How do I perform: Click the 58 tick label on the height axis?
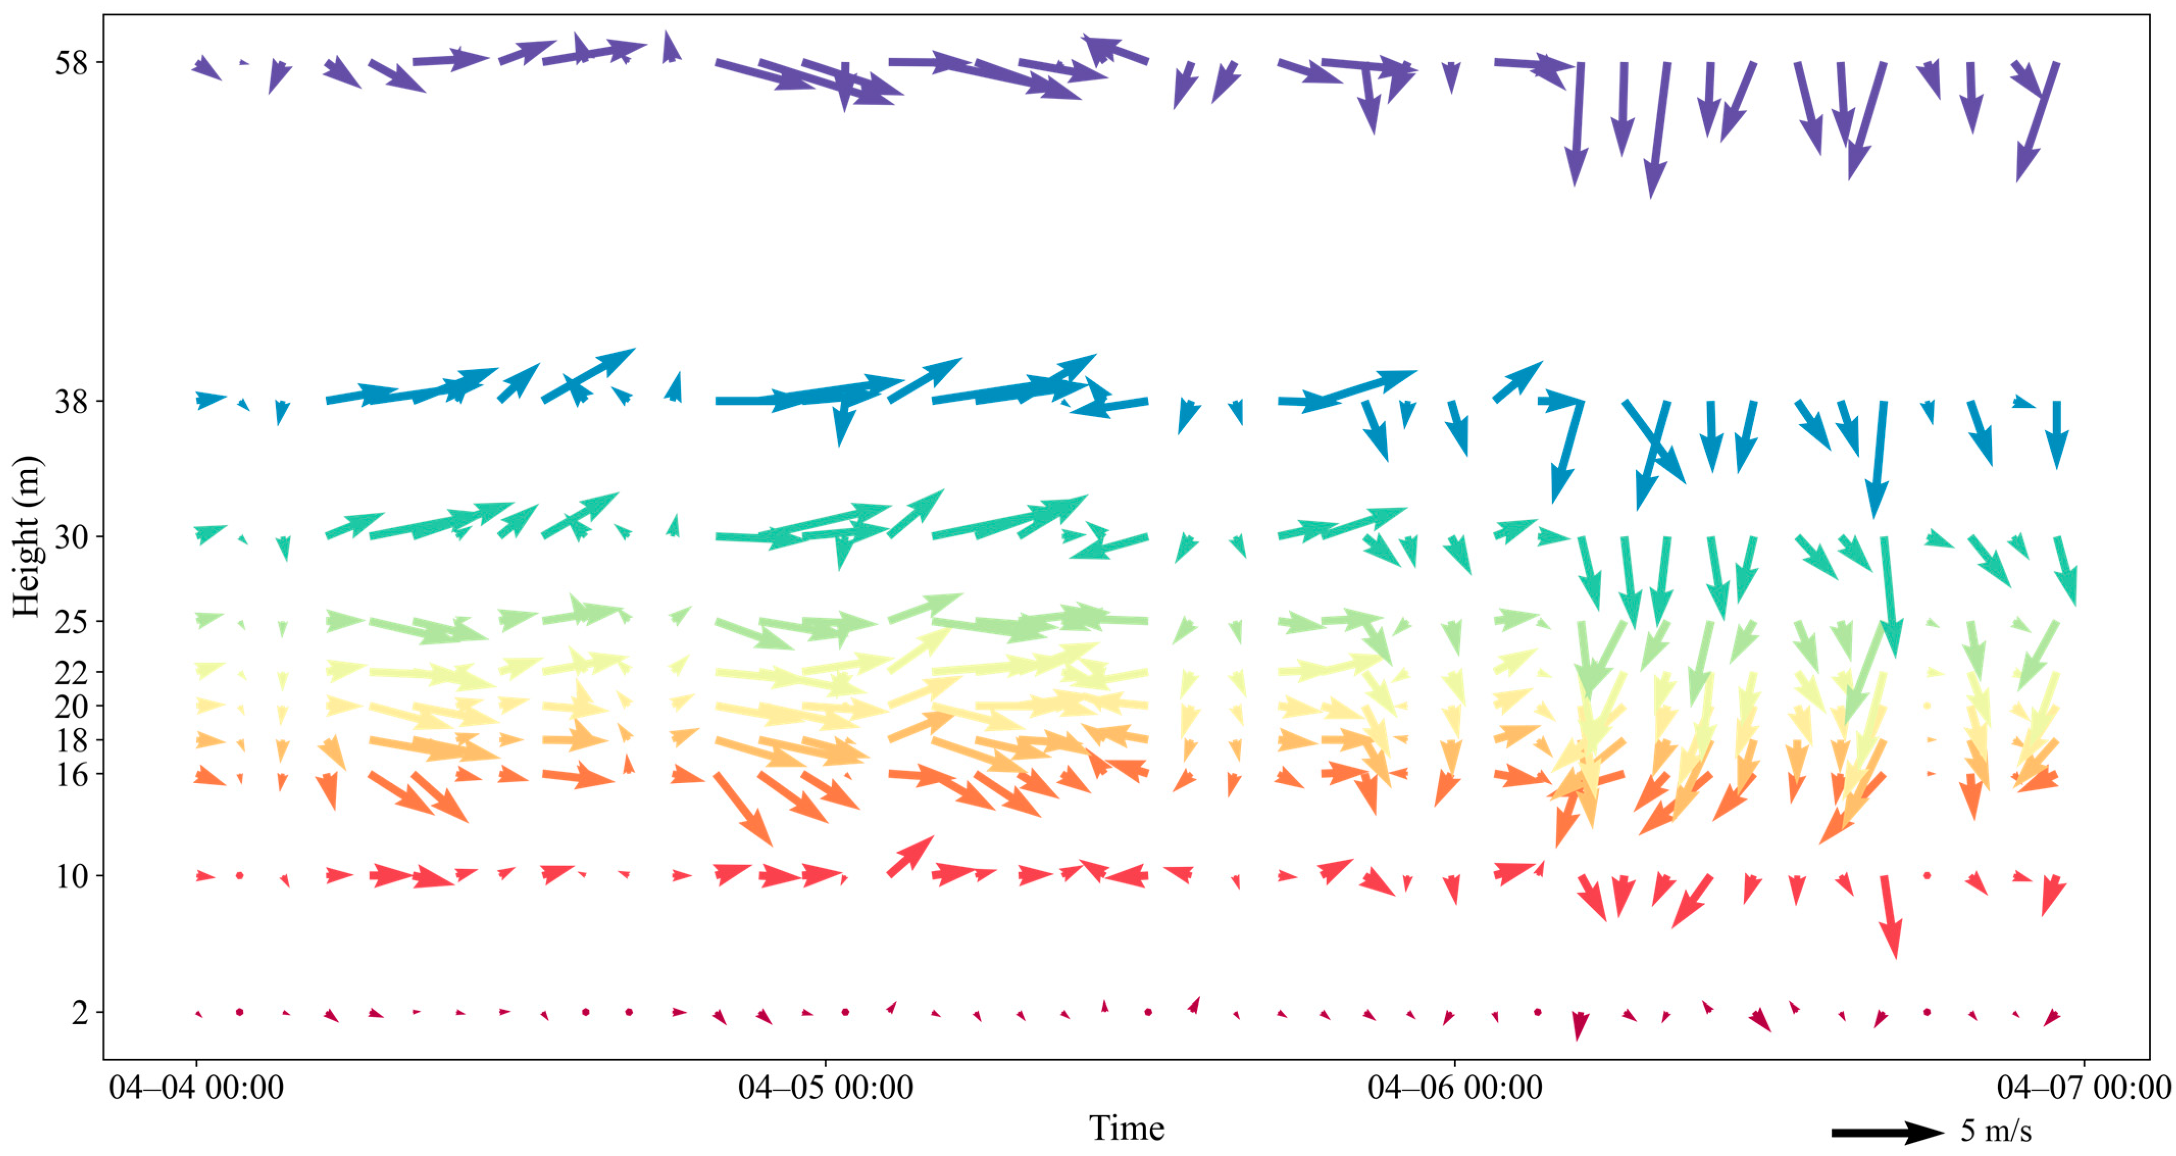tap(71, 63)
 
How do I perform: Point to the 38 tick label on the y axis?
tap(71, 401)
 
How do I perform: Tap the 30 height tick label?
tap(71, 536)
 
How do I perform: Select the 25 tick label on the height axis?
tap(71, 622)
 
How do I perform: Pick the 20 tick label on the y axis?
tap(71, 706)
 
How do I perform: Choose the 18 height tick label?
tap(71, 740)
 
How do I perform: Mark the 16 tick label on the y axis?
tap(71, 774)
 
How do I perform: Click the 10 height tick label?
tap(71, 876)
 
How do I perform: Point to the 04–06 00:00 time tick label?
tap(1455, 1088)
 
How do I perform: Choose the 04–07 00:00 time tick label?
tap(2083, 1088)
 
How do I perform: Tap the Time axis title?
tap(1126, 1128)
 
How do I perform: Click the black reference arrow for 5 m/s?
tap(1886, 1133)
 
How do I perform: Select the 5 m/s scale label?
tap(1995, 1130)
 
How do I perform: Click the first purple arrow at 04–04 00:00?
tap(207, 67)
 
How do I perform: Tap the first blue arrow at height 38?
tap(210, 398)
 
